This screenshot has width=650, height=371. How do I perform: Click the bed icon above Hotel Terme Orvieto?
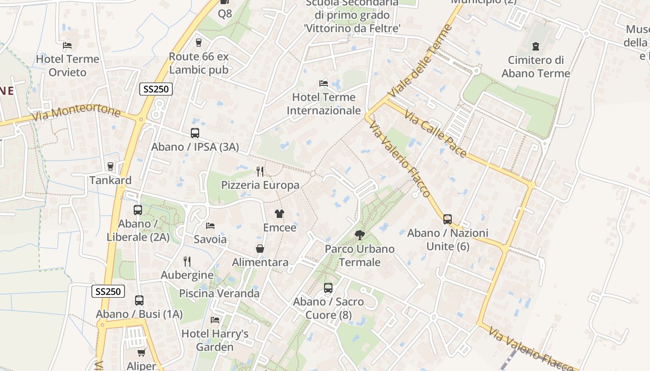click(x=67, y=45)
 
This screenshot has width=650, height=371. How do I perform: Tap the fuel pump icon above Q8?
click(x=225, y=2)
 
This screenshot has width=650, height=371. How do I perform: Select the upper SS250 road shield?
click(x=156, y=90)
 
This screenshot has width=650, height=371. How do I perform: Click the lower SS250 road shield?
click(x=108, y=291)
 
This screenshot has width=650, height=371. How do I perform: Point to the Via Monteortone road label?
click(x=76, y=112)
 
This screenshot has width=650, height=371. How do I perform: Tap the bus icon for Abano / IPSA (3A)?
click(x=195, y=133)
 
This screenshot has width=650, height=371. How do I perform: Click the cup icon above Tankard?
click(x=110, y=166)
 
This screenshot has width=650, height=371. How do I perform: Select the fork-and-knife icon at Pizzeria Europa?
click(x=260, y=172)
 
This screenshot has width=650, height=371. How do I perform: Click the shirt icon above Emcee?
click(x=279, y=214)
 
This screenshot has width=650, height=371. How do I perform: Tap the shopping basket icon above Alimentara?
click(x=260, y=249)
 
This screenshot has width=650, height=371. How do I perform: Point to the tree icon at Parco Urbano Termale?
click(x=359, y=235)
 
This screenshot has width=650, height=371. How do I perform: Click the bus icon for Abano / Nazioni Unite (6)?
click(x=448, y=219)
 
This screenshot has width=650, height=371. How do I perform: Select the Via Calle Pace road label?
click(x=435, y=134)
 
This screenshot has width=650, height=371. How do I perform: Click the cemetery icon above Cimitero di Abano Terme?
click(x=536, y=46)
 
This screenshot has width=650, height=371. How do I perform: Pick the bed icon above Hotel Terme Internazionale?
click(x=324, y=83)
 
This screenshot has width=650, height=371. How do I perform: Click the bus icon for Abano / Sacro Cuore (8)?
click(x=328, y=288)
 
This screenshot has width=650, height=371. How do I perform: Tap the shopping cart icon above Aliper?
click(x=142, y=352)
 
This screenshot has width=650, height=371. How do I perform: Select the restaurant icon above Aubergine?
click(x=187, y=262)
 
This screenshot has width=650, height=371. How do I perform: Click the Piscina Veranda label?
click(x=219, y=294)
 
